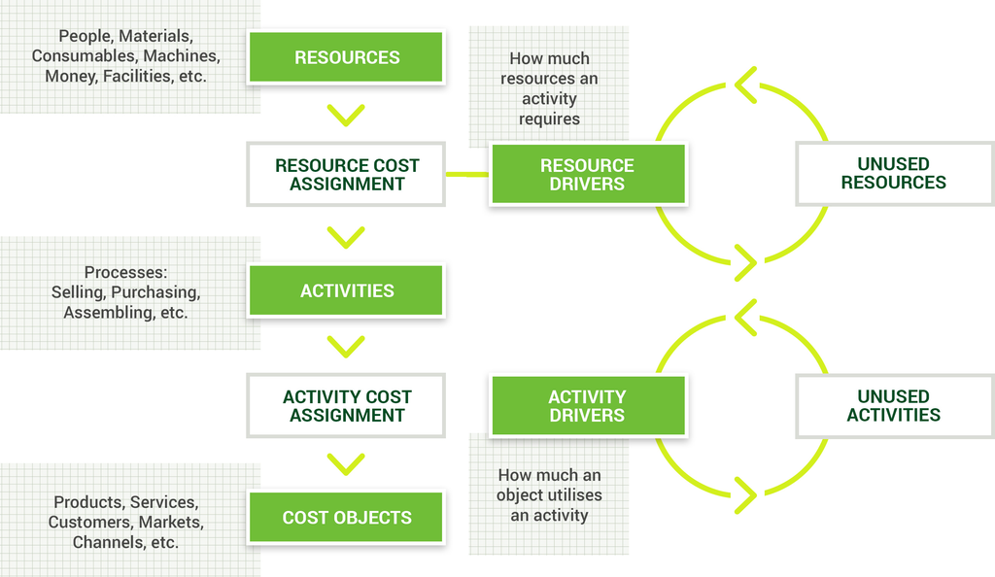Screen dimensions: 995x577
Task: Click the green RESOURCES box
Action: pyautogui.click(x=346, y=57)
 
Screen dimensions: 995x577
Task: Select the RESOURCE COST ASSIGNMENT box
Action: pyautogui.click(x=346, y=175)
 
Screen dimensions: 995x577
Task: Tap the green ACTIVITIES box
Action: pyautogui.click(x=346, y=290)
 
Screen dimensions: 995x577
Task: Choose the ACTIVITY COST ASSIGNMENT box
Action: pyautogui.click(x=346, y=406)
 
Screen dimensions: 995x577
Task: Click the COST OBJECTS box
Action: pyautogui.click(x=346, y=518)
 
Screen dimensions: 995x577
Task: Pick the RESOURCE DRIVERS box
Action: pyautogui.click(x=588, y=175)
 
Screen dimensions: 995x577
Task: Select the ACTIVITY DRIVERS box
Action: pyautogui.click(x=588, y=406)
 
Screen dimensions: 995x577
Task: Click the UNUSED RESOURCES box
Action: pyautogui.click(x=894, y=173)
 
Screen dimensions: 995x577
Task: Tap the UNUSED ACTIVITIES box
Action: pyautogui.click(x=894, y=406)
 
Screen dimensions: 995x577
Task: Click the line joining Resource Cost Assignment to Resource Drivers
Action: pyautogui.click(x=467, y=175)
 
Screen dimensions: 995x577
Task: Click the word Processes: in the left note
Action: pyautogui.click(x=125, y=272)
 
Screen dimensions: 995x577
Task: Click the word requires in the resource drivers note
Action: pyautogui.click(x=550, y=119)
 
